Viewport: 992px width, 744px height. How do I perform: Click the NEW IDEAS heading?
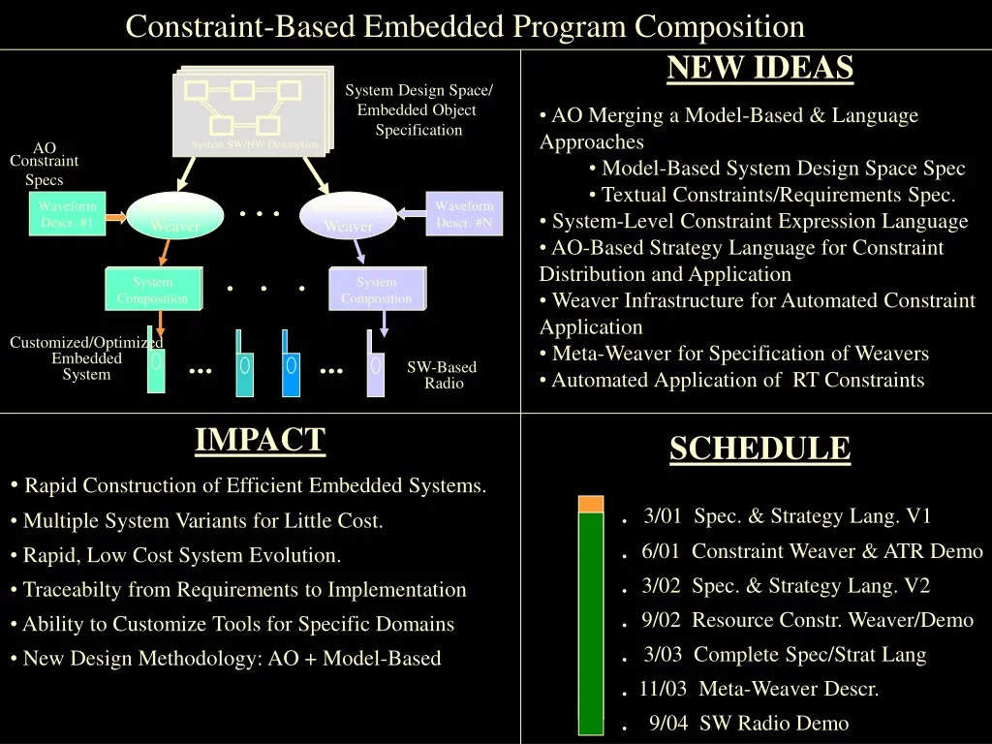(759, 68)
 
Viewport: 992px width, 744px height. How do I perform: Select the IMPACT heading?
(260, 440)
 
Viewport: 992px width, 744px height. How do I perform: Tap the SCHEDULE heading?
(759, 449)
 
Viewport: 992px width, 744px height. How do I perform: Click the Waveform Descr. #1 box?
(67, 214)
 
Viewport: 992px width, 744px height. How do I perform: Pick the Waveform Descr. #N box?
(464, 214)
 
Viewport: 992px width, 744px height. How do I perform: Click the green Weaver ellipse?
(175, 216)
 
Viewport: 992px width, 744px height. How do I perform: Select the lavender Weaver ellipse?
(348, 216)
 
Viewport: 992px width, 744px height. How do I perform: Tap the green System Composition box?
(152, 290)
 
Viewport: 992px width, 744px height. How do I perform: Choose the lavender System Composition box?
(376, 290)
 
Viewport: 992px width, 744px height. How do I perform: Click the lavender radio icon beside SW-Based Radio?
(375, 365)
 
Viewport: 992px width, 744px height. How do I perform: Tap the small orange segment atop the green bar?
(590, 504)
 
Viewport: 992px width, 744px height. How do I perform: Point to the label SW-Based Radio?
(443, 375)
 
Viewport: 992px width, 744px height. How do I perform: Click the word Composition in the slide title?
(720, 25)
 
